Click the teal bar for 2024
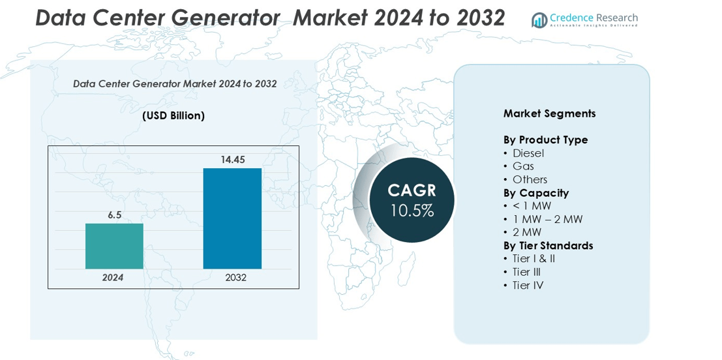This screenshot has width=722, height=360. click(x=114, y=247)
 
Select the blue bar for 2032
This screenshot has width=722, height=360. click(x=232, y=218)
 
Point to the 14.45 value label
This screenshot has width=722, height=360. click(x=232, y=160)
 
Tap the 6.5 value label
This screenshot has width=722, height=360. click(x=114, y=215)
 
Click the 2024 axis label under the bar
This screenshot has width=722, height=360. click(x=114, y=278)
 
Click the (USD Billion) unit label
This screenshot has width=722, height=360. click(x=173, y=115)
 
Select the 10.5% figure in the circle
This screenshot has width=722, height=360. click(x=412, y=211)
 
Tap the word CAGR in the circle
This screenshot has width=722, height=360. click(x=412, y=190)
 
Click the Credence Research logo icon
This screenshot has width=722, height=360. click(x=539, y=20)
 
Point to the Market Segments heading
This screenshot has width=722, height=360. click(x=549, y=113)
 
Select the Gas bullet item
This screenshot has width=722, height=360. click(x=519, y=166)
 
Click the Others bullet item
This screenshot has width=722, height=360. click(x=526, y=179)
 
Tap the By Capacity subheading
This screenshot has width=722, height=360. click(x=536, y=193)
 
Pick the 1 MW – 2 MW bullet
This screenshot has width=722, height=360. click(x=543, y=219)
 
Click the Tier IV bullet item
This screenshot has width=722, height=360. click(x=524, y=286)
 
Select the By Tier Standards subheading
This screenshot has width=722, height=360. click(x=549, y=246)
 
